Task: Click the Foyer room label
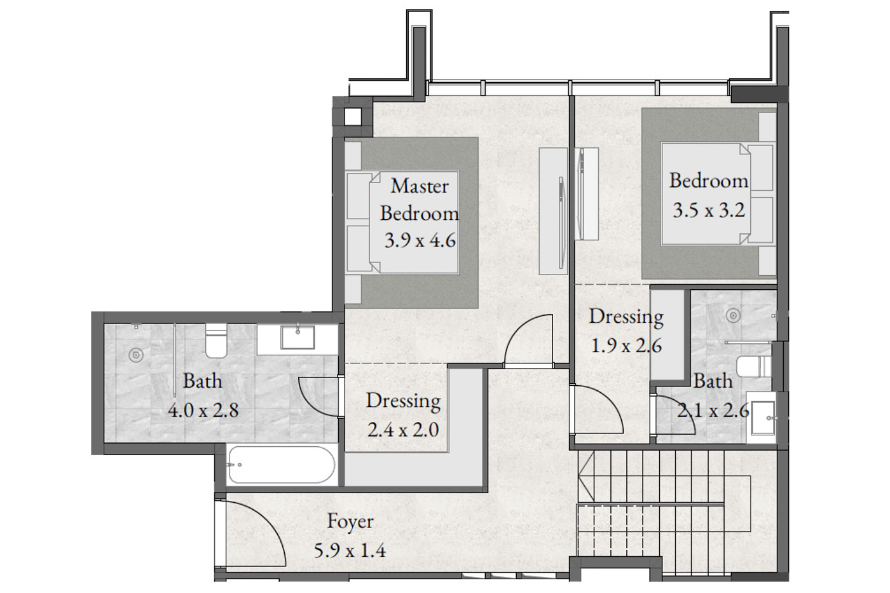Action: coord(350,522)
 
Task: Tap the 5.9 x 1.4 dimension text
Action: coord(350,551)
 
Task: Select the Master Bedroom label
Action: coord(420,200)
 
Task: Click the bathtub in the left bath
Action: coord(282,465)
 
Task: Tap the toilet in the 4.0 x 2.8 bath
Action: coord(216,341)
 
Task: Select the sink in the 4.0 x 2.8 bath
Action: coord(298,337)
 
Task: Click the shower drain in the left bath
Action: coord(136,355)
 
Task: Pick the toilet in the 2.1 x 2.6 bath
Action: coord(754,366)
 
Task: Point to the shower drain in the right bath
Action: coord(733,316)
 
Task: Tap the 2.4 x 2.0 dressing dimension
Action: coord(403,430)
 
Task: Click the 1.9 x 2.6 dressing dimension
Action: coord(626,346)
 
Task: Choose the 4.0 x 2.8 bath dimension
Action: coord(203,410)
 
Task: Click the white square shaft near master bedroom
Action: coord(353,117)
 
